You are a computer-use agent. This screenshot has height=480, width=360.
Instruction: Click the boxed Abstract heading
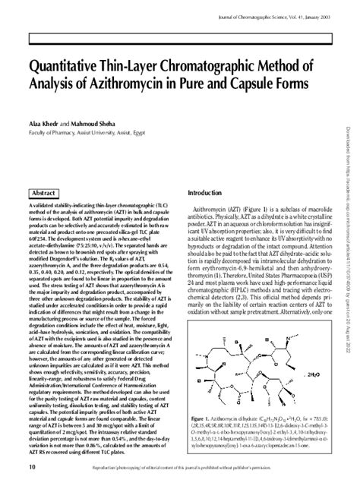pyautogui.click(x=49, y=194)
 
